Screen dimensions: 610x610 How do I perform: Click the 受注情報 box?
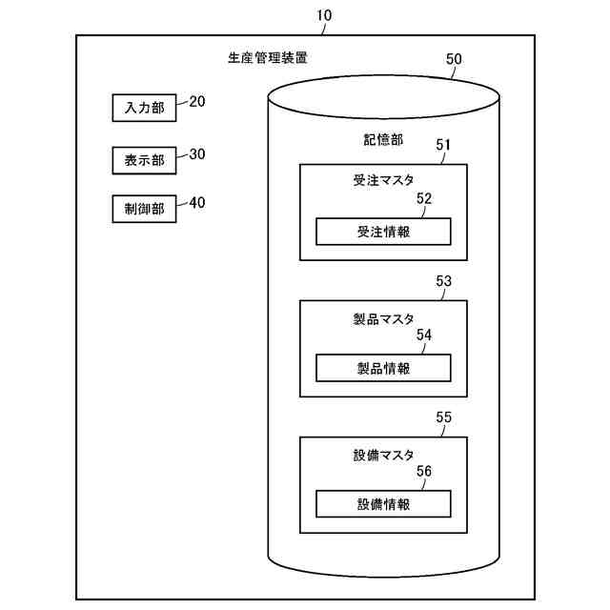coord(383,232)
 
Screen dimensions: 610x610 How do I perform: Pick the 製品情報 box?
coord(383,368)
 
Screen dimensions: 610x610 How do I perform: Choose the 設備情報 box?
coord(383,504)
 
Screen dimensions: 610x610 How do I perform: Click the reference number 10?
coord(323,14)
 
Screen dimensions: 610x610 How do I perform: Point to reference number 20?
coord(197,102)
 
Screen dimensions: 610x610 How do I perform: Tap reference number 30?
coord(197,153)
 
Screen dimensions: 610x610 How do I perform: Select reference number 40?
coord(197,203)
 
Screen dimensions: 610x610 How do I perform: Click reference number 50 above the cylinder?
coord(454,59)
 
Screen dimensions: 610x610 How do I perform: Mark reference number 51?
coord(443,145)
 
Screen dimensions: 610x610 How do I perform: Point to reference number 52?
coord(424,199)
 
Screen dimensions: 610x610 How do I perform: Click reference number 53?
coord(443,281)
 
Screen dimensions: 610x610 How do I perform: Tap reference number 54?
coord(424,335)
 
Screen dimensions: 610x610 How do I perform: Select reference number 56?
coord(424,472)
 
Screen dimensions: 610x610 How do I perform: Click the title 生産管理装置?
coord(268,58)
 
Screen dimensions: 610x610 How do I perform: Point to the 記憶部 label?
coord(383,140)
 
